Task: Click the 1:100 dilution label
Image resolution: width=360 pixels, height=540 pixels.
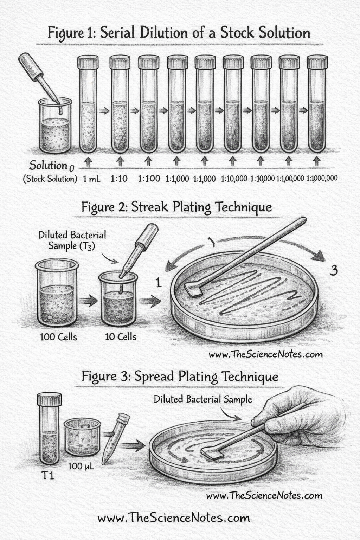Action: click(149, 178)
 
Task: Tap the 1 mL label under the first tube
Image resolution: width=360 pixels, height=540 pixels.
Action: click(91, 179)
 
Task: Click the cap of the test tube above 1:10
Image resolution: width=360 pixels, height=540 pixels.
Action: click(120, 63)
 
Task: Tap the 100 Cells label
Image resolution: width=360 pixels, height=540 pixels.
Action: click(58, 337)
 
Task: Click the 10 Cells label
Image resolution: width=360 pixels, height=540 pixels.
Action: click(121, 337)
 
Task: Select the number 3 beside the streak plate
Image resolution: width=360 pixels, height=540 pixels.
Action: click(334, 270)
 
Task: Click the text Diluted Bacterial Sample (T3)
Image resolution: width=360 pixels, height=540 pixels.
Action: click(72, 240)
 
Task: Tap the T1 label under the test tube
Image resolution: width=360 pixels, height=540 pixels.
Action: click(47, 476)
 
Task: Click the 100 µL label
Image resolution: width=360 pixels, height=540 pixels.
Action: click(81, 467)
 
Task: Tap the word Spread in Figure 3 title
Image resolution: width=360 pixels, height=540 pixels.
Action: click(155, 377)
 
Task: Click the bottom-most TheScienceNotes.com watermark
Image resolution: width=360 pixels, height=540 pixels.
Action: click(174, 518)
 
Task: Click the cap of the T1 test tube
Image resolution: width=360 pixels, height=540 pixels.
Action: click(49, 400)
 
